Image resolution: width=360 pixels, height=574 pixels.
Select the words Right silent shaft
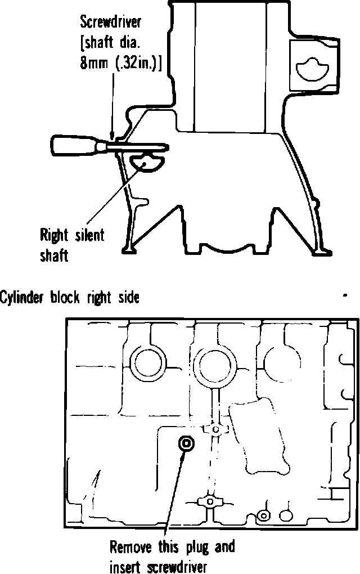71,244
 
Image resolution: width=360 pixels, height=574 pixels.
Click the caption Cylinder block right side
69,297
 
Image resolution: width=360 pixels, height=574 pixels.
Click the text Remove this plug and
172,546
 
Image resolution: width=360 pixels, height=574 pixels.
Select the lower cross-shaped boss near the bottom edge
209,500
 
